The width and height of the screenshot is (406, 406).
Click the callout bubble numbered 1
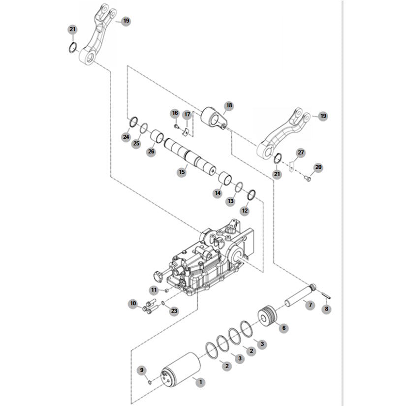pyautogui.click(x=200, y=381)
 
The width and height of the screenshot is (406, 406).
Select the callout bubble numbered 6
pyautogui.click(x=283, y=327)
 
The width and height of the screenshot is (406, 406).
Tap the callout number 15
pyautogui.click(x=182, y=172)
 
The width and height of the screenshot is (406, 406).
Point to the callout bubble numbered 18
pyautogui.click(x=229, y=106)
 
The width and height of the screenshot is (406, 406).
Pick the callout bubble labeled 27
pyautogui.click(x=301, y=153)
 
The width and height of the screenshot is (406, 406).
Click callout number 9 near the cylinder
pyautogui.click(x=142, y=370)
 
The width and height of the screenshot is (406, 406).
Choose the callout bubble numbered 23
pyautogui.click(x=174, y=311)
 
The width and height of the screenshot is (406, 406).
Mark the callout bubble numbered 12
pyautogui.click(x=245, y=211)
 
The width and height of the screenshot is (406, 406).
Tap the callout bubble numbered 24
pyautogui.click(x=126, y=136)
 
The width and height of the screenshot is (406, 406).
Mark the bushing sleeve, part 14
pyautogui.click(x=226, y=178)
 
